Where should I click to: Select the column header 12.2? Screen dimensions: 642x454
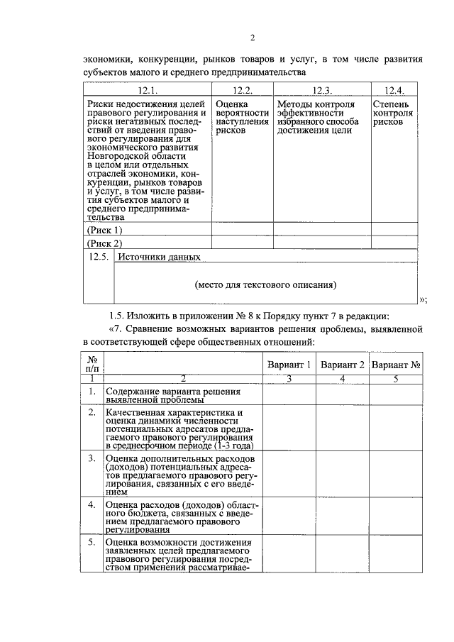pos(242,90)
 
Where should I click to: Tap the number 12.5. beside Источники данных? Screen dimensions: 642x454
pos(98,257)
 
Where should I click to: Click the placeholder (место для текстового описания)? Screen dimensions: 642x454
pos(265,285)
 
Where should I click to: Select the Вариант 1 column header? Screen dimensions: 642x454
pos(289,365)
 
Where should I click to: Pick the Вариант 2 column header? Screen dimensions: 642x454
pos(343,365)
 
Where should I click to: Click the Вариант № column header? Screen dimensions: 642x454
pos(397,365)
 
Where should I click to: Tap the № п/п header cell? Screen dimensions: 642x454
pos(92,364)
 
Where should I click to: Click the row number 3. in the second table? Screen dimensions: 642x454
pos(92,458)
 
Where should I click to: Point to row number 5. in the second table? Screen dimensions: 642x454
pos(92,543)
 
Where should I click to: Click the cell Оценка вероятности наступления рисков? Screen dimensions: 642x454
pos(242,118)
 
